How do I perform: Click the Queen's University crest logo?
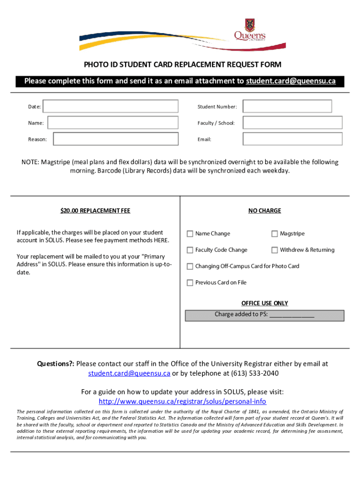(250, 25)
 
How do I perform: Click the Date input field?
(111, 107)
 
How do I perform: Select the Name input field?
(113, 123)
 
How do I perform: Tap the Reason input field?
(115, 139)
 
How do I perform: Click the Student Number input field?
(287, 107)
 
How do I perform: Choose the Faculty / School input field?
(293, 123)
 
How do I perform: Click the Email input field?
(293, 139)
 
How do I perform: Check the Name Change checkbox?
(190, 234)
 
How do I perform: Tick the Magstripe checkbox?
(274, 234)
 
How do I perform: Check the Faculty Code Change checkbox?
(190, 250)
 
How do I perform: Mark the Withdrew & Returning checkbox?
(274, 250)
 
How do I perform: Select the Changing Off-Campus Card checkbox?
(190, 267)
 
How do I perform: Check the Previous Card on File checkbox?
(190, 283)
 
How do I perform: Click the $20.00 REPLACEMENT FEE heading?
(95, 211)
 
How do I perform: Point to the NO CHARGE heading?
(265, 211)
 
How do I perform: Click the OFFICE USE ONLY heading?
(265, 303)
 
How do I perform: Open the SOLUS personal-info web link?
(182, 402)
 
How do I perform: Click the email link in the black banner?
(291, 81)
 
